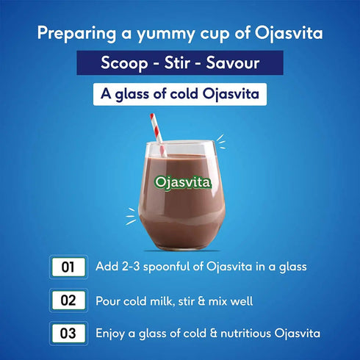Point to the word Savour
click(x=234, y=64)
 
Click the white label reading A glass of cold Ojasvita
click(x=180, y=96)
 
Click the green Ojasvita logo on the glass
click(x=181, y=182)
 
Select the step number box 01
click(x=68, y=267)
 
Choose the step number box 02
click(x=68, y=300)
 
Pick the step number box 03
click(x=68, y=334)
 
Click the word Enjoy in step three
click(x=112, y=334)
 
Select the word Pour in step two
click(x=109, y=300)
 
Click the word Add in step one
click(x=107, y=267)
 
